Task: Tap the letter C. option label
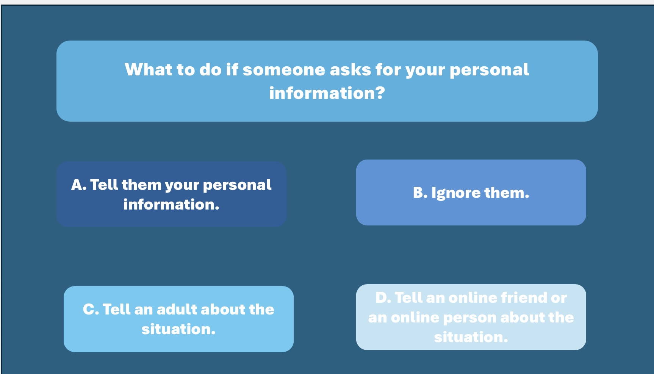tap(91, 310)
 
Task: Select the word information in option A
tap(171, 205)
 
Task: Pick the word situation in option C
tap(178, 329)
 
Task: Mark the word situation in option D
tap(471, 337)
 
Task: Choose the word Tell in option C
tap(116, 310)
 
